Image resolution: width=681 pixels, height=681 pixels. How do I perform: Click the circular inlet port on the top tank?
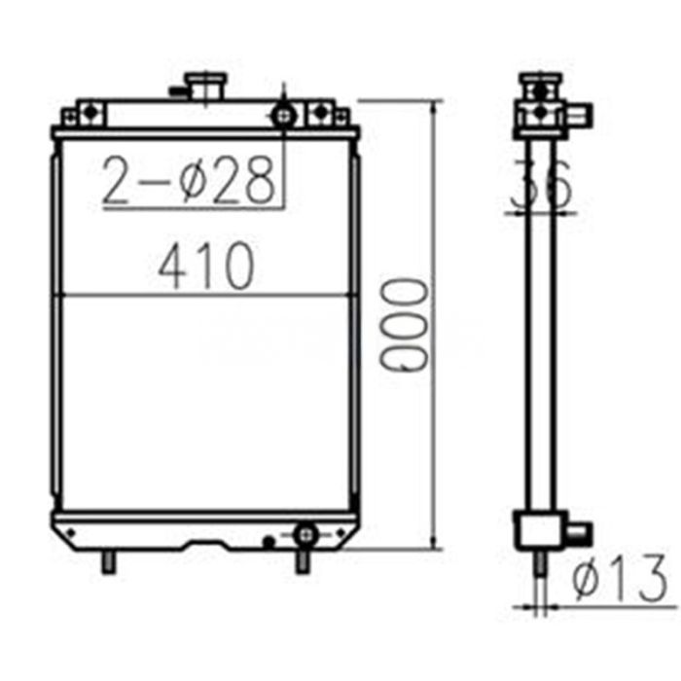click(283, 116)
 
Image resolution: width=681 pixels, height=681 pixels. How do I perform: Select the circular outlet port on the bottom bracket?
click(305, 533)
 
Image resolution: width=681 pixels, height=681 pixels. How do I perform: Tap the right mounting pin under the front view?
click(303, 561)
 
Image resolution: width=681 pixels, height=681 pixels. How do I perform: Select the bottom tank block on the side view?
click(537, 530)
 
